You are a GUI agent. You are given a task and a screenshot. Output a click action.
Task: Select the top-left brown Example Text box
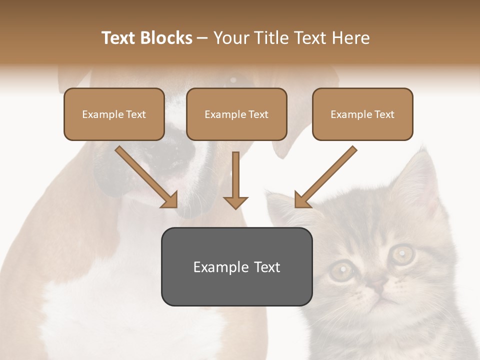pos(114,114)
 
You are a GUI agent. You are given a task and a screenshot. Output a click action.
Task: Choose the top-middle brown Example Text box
pos(236,114)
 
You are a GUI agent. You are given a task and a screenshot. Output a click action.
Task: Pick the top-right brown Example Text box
pos(362,114)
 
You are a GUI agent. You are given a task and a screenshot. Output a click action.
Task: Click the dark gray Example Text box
pos(237,266)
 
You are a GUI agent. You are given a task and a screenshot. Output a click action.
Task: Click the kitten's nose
pos(376,286)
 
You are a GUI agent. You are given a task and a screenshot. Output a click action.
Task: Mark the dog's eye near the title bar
pos(233,79)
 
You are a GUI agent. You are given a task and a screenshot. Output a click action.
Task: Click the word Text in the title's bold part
pos(118,38)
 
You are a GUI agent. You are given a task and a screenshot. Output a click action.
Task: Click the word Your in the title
pos(230,38)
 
